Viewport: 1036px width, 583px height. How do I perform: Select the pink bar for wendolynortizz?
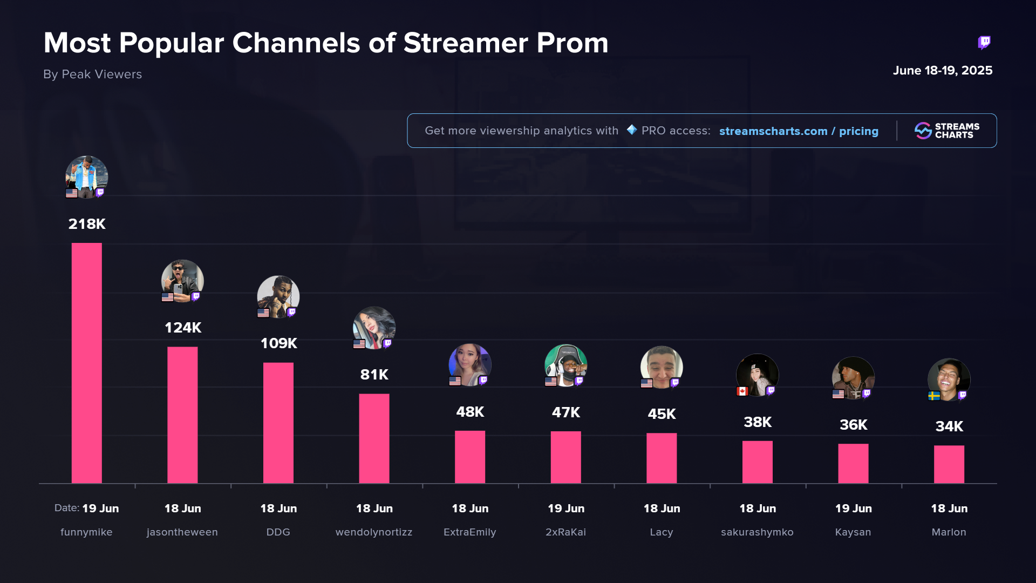[x=374, y=438]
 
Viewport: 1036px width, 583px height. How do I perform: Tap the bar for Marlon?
[x=949, y=464]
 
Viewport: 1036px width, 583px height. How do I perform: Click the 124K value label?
[x=183, y=328]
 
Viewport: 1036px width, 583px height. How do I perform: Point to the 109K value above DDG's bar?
[x=278, y=343]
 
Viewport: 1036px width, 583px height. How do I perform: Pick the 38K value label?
[x=758, y=422]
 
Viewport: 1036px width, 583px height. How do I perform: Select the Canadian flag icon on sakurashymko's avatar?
[x=742, y=391]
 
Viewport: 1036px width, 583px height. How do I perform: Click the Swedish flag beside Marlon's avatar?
[x=934, y=396]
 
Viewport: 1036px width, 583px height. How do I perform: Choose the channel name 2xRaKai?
[x=565, y=532]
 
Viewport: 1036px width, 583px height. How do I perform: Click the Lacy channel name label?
[x=661, y=532]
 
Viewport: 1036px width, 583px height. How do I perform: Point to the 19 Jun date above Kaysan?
[x=853, y=509]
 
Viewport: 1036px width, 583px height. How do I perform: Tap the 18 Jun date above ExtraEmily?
[x=469, y=509]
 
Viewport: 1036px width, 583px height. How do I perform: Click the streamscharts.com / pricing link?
[x=799, y=131]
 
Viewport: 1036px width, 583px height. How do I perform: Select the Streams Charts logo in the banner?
[x=947, y=131]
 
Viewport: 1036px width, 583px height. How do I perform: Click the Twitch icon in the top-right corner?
[x=984, y=42]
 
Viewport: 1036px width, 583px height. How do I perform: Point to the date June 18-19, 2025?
[x=942, y=71]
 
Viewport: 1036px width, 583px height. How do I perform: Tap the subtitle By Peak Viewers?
[x=92, y=74]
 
